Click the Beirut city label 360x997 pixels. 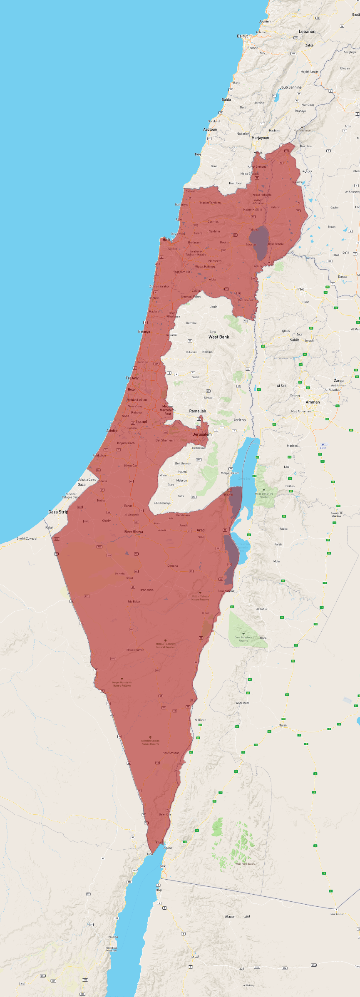coord(242,36)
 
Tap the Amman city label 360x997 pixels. coord(313,402)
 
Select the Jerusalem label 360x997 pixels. coord(202,434)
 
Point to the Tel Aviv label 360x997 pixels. coord(132,378)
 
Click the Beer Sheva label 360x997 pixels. coord(134,532)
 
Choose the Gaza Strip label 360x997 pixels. coord(58,512)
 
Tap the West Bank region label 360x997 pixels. coord(218,337)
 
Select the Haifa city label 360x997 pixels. coord(166,240)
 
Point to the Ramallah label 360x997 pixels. coord(197,411)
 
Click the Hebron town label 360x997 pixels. coord(181,480)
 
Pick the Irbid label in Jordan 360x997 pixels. coord(301,289)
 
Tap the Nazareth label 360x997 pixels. coord(215,261)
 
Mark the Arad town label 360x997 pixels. coord(201,530)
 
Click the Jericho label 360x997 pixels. coord(239,420)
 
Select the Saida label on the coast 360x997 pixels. coord(226,100)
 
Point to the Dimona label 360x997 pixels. coord(173,565)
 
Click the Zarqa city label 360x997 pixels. coord(338,381)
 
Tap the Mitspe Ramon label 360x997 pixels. coord(135,650)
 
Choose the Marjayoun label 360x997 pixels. coord(260,138)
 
